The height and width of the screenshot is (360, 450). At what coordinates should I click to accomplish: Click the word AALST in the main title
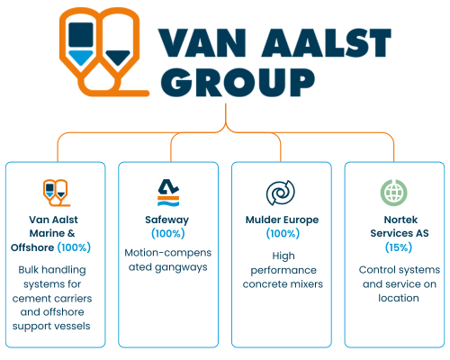pos(327,42)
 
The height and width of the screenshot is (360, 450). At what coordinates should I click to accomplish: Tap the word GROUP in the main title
pos(238,82)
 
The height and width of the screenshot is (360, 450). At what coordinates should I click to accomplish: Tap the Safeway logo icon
pos(168,193)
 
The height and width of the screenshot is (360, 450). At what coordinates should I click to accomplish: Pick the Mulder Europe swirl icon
pos(281,193)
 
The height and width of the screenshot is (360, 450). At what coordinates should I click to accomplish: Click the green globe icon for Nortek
pos(394,193)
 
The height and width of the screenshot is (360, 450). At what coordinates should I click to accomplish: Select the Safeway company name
pos(167,220)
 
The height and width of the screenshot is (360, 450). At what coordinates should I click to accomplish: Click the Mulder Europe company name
pos(282,220)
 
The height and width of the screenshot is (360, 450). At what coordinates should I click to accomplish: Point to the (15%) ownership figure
pos(399,247)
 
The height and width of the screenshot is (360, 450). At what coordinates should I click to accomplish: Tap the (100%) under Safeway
pos(168,234)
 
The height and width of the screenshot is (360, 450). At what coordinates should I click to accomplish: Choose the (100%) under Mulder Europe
pos(283,234)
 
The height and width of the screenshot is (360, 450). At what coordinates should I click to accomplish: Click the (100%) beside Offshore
pos(74,247)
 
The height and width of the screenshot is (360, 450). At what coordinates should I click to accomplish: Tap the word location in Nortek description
pos(399,298)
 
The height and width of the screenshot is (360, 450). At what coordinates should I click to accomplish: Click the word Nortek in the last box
pos(400,220)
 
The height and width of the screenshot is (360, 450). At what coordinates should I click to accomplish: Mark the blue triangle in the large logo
pos(81,58)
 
